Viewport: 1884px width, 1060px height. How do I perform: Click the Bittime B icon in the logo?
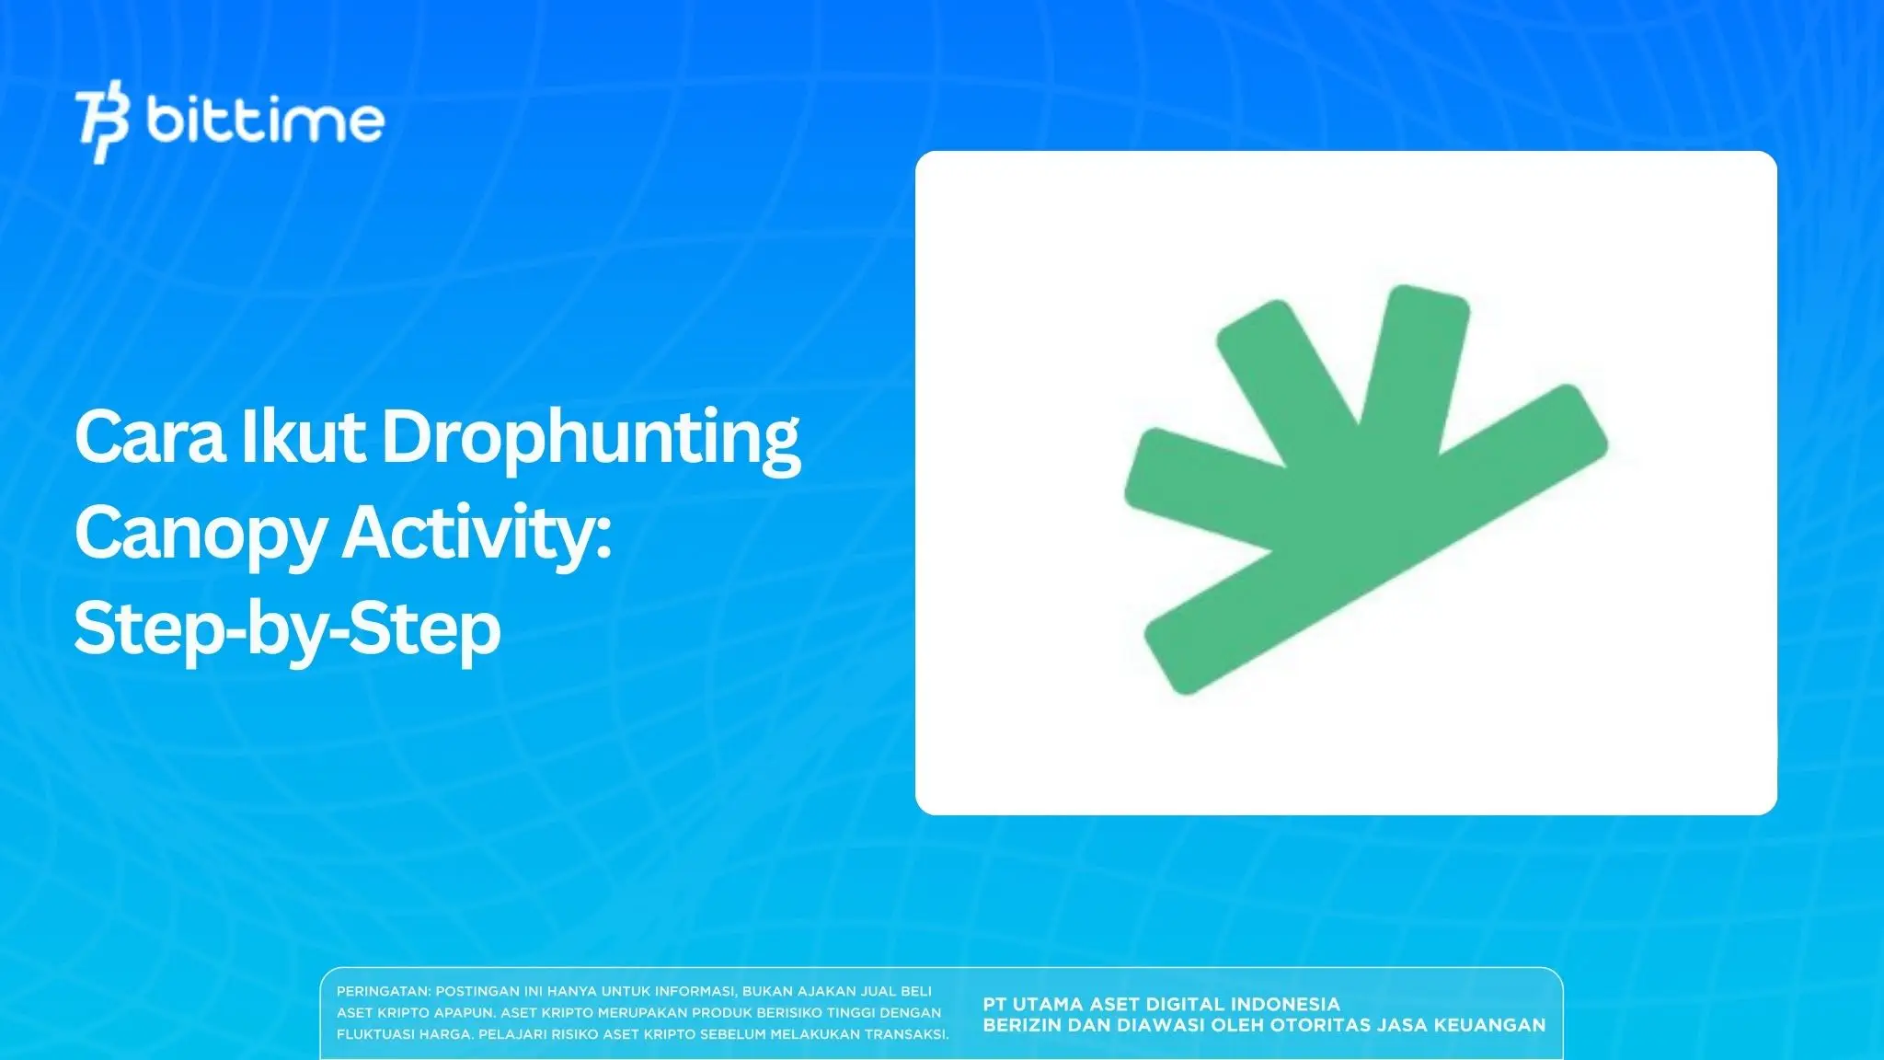point(102,121)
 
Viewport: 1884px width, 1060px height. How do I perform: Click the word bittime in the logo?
point(265,121)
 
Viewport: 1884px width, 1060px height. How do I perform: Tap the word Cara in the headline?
point(150,437)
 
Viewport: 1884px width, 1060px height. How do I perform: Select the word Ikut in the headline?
point(303,437)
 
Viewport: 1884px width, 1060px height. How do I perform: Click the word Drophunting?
point(591,439)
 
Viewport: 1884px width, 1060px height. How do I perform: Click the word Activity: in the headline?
point(477,534)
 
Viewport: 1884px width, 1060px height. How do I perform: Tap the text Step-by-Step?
point(287,630)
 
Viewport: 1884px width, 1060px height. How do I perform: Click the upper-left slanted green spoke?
point(1283,368)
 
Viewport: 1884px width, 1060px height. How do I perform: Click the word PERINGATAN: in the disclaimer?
point(383,992)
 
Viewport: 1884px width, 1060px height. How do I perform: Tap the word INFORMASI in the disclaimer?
point(694,992)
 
